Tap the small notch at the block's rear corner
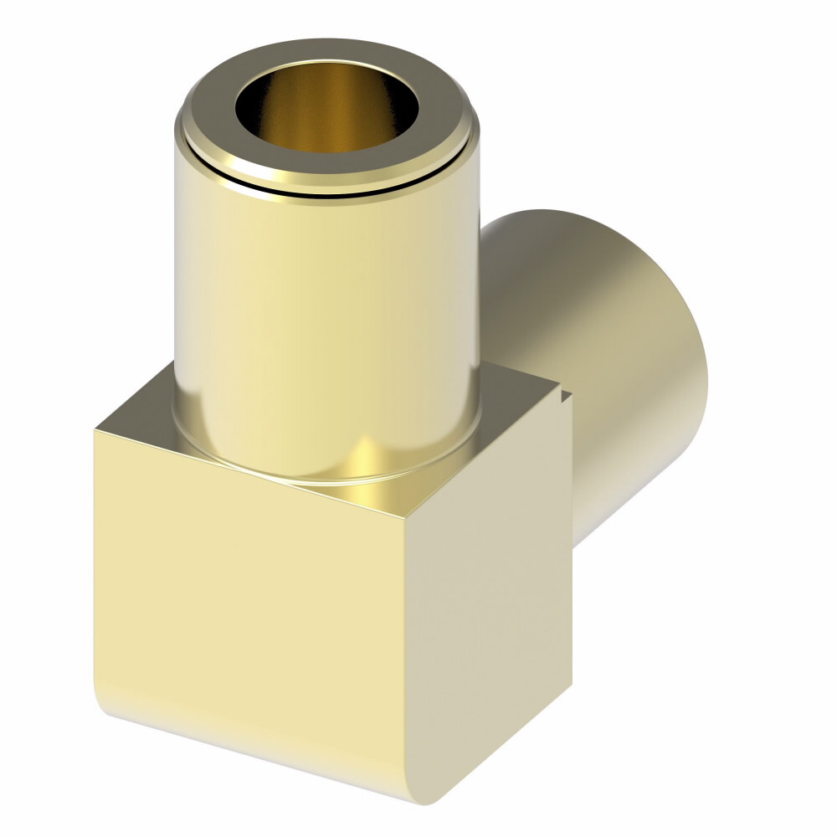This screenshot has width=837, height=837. pyautogui.click(x=567, y=393)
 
